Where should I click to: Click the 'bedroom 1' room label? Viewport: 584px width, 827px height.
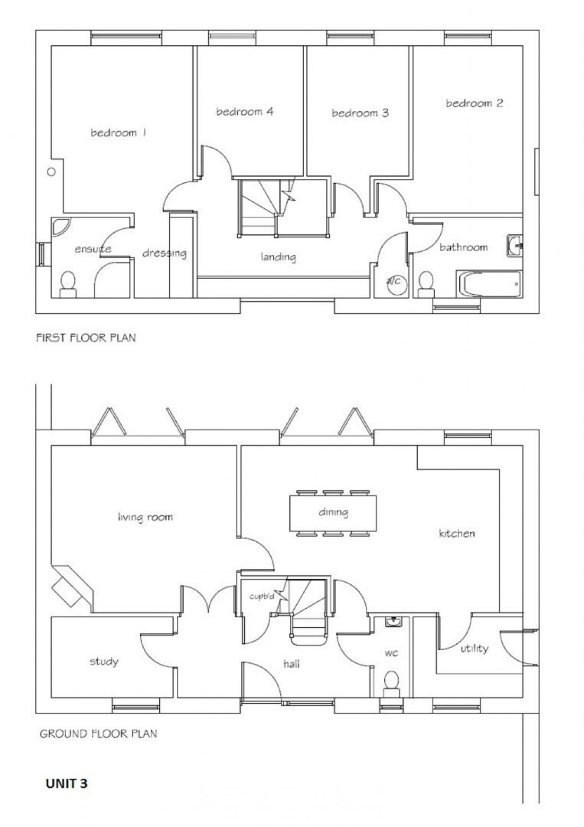tap(118, 133)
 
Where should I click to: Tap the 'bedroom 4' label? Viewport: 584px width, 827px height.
tap(245, 112)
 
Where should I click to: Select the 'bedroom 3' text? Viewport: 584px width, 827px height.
tap(360, 113)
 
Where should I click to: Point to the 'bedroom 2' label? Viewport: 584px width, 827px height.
tap(474, 103)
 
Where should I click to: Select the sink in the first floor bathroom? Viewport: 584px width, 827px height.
tap(514, 245)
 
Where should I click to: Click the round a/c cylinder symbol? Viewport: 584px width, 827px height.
tap(394, 282)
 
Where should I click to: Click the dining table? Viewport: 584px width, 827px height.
tap(333, 513)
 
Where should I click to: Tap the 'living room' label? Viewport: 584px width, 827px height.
tap(145, 517)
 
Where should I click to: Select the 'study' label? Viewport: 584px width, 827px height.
tap(104, 661)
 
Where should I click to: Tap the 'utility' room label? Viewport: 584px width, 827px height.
tap(474, 649)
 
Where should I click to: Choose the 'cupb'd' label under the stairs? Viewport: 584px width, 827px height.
tap(261, 596)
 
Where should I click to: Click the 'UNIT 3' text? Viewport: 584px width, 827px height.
tap(66, 783)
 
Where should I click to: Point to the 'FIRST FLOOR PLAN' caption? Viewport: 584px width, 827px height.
tap(85, 337)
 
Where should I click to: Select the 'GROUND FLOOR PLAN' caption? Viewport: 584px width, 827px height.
tap(98, 734)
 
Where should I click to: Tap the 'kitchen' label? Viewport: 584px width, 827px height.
tap(457, 533)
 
